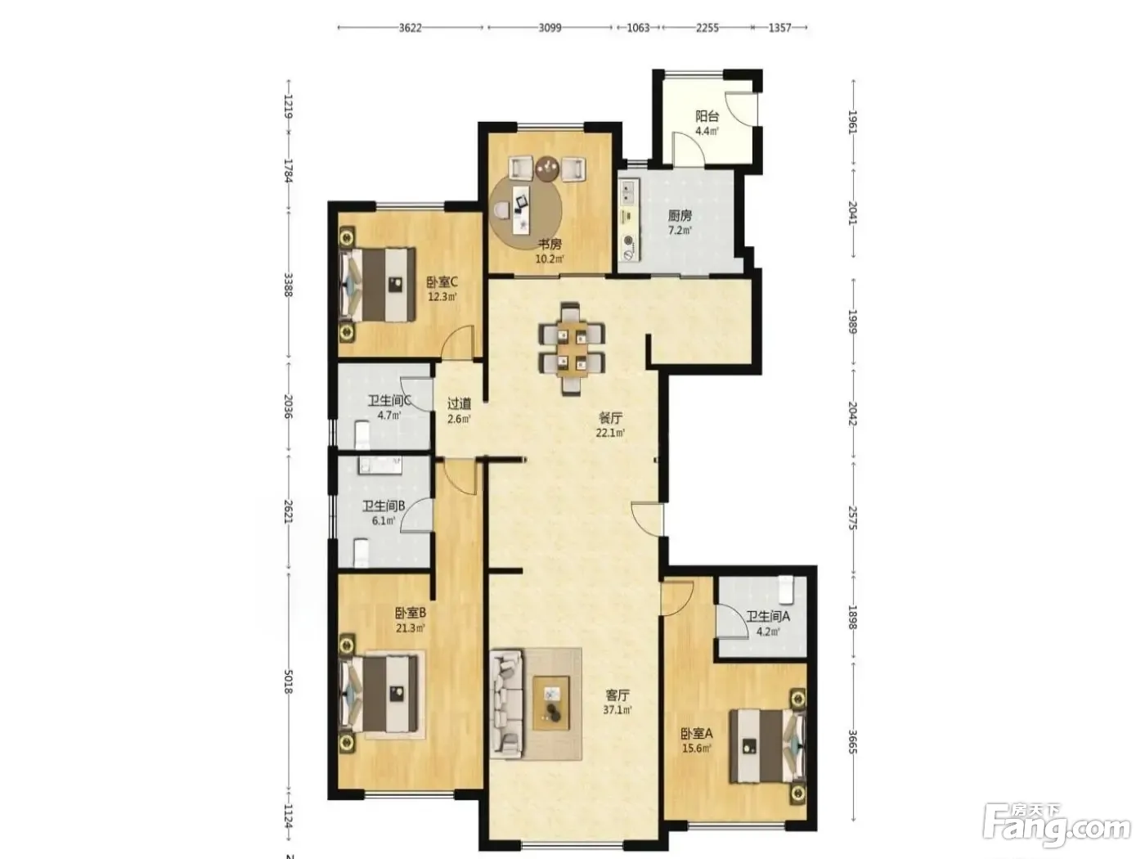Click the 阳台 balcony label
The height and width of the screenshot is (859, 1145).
point(707,116)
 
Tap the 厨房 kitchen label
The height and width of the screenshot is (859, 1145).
point(680,215)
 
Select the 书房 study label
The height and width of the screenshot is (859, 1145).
point(550,244)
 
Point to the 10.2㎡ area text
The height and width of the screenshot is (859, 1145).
point(550,259)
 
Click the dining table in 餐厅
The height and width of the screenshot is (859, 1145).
point(571,348)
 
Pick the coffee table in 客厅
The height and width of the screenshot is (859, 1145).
point(551,703)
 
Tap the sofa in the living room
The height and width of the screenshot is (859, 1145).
point(506,703)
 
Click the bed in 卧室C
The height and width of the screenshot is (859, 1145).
point(377,284)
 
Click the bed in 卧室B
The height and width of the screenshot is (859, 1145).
point(379,694)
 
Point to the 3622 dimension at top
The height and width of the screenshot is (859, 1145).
point(410,28)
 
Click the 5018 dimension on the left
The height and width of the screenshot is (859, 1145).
point(288,682)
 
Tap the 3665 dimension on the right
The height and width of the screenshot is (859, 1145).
point(852,742)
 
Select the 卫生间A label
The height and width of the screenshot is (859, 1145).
point(768,617)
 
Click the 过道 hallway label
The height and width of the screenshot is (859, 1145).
point(459,403)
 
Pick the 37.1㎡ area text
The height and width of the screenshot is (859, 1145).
point(617,710)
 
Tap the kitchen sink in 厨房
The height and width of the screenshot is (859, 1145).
point(627,191)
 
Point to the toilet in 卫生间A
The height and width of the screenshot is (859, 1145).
point(786,589)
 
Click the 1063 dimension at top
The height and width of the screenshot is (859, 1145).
point(637,28)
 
